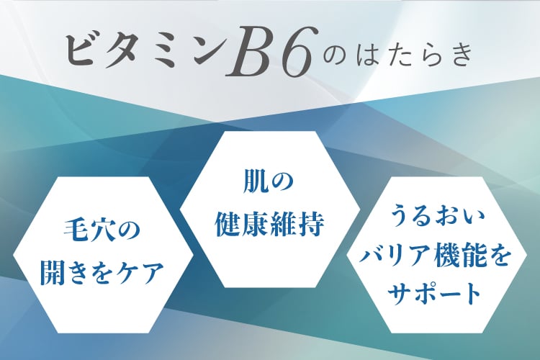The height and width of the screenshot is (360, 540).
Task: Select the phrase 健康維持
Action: pos(270,225)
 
